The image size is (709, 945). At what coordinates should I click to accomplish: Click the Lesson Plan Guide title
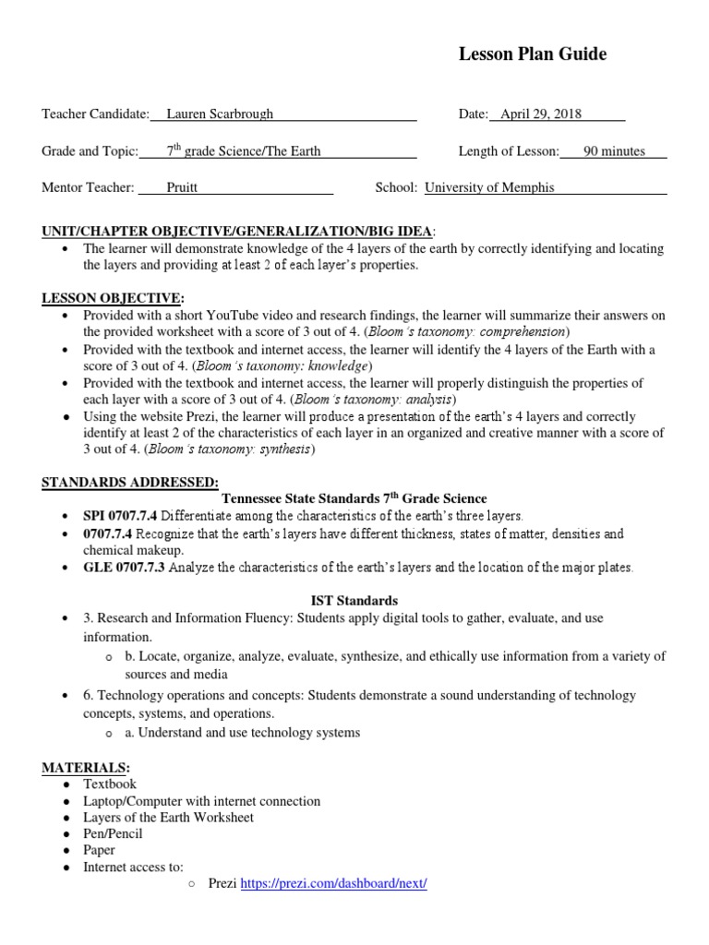(533, 54)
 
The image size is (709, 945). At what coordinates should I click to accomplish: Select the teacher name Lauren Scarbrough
(220, 114)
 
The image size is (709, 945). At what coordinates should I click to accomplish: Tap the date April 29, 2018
(542, 114)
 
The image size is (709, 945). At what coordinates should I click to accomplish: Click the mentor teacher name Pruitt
(182, 187)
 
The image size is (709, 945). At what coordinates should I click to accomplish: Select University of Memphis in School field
(489, 187)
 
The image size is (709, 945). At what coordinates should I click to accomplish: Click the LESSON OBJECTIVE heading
(113, 298)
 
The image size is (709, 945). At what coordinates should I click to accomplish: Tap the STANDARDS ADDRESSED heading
(130, 483)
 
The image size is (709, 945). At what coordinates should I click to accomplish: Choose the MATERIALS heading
(86, 768)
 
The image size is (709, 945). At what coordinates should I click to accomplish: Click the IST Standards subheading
(354, 600)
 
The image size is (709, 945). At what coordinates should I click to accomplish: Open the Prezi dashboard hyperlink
(333, 883)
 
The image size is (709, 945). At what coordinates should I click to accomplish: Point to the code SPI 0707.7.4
(120, 515)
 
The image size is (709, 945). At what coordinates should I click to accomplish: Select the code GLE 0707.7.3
(124, 567)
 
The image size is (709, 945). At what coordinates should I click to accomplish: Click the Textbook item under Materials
(110, 784)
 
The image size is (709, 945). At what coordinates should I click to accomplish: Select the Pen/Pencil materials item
(113, 833)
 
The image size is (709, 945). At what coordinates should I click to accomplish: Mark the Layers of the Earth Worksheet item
(168, 817)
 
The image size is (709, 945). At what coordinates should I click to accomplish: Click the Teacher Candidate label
(95, 114)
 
